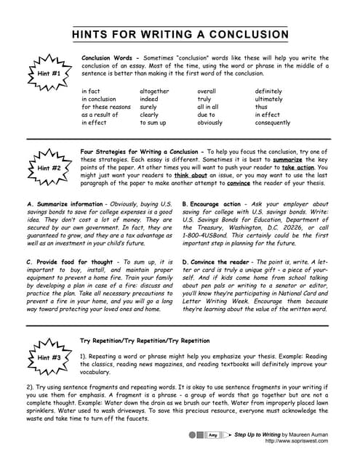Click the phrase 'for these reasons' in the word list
pos(106,107)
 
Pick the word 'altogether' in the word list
pos(154,91)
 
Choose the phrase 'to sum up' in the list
pos(153,123)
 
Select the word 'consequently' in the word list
pos(273,123)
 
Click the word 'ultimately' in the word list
pos(269,99)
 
